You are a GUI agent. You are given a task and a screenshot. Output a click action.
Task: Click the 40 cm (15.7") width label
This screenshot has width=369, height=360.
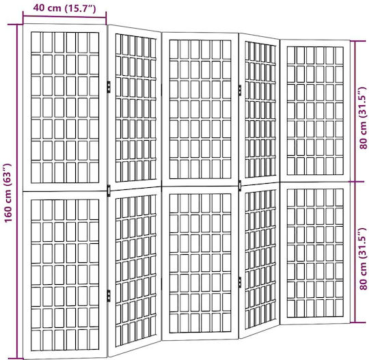(x=64, y=8)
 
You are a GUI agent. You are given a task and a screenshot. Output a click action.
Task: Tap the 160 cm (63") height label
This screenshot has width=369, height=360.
(x=8, y=193)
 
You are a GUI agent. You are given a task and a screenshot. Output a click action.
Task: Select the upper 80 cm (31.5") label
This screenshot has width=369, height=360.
(x=363, y=118)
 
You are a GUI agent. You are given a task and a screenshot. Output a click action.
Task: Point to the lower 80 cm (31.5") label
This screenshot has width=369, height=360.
(x=363, y=258)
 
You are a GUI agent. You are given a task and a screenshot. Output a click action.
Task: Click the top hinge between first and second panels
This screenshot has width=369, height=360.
(x=109, y=87)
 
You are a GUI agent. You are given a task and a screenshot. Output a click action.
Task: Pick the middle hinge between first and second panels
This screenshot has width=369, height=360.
(x=109, y=191)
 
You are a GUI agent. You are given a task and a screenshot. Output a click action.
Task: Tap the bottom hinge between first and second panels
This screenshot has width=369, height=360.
(x=109, y=296)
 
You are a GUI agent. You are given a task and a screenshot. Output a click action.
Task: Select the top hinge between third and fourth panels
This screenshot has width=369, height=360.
(x=240, y=90)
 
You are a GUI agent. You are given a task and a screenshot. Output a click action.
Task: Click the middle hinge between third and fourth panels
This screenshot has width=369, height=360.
(x=240, y=186)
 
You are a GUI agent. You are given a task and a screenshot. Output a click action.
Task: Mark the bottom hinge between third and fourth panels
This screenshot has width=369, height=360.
(x=240, y=282)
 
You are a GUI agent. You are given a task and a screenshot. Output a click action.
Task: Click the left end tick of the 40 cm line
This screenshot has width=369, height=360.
(x=23, y=17)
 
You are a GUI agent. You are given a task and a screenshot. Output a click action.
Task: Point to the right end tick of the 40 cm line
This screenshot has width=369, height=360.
(x=106, y=18)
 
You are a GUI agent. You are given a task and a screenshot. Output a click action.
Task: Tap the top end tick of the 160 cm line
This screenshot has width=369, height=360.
(x=16, y=25)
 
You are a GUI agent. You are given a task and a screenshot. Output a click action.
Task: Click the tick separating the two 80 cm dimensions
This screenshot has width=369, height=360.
(x=357, y=182)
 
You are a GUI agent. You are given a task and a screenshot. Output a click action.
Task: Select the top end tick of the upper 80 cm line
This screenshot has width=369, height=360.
(x=357, y=41)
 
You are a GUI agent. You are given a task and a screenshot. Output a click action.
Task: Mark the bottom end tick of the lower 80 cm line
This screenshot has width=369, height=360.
(x=357, y=322)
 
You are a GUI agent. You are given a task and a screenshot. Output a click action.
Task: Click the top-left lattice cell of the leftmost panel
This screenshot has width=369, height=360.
(x=36, y=42)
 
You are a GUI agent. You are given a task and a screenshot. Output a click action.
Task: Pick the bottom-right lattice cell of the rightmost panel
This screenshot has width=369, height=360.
(x=340, y=308)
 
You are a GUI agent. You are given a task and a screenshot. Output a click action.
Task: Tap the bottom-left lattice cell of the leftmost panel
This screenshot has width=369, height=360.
(x=36, y=340)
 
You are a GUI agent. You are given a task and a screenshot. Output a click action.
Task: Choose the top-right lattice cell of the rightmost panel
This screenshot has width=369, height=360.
(x=340, y=55)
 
